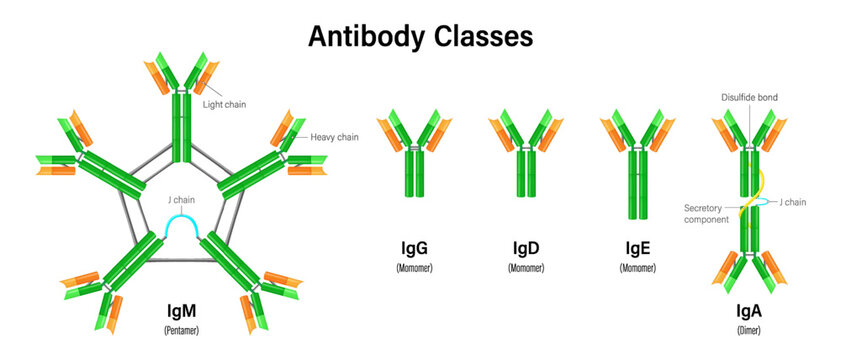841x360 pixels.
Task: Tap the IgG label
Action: (415, 247)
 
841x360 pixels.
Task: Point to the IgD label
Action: (525, 247)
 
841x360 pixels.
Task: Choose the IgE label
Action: (636, 247)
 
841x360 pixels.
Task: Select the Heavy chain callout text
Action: (334, 137)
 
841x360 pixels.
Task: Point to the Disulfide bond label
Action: (750, 98)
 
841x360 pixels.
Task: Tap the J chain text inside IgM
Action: (182, 199)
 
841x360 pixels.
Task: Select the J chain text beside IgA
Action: (792, 203)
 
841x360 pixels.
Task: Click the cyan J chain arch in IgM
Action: (182, 222)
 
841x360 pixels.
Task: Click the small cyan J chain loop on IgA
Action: (762, 202)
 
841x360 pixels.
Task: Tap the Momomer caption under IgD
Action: (525, 269)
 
